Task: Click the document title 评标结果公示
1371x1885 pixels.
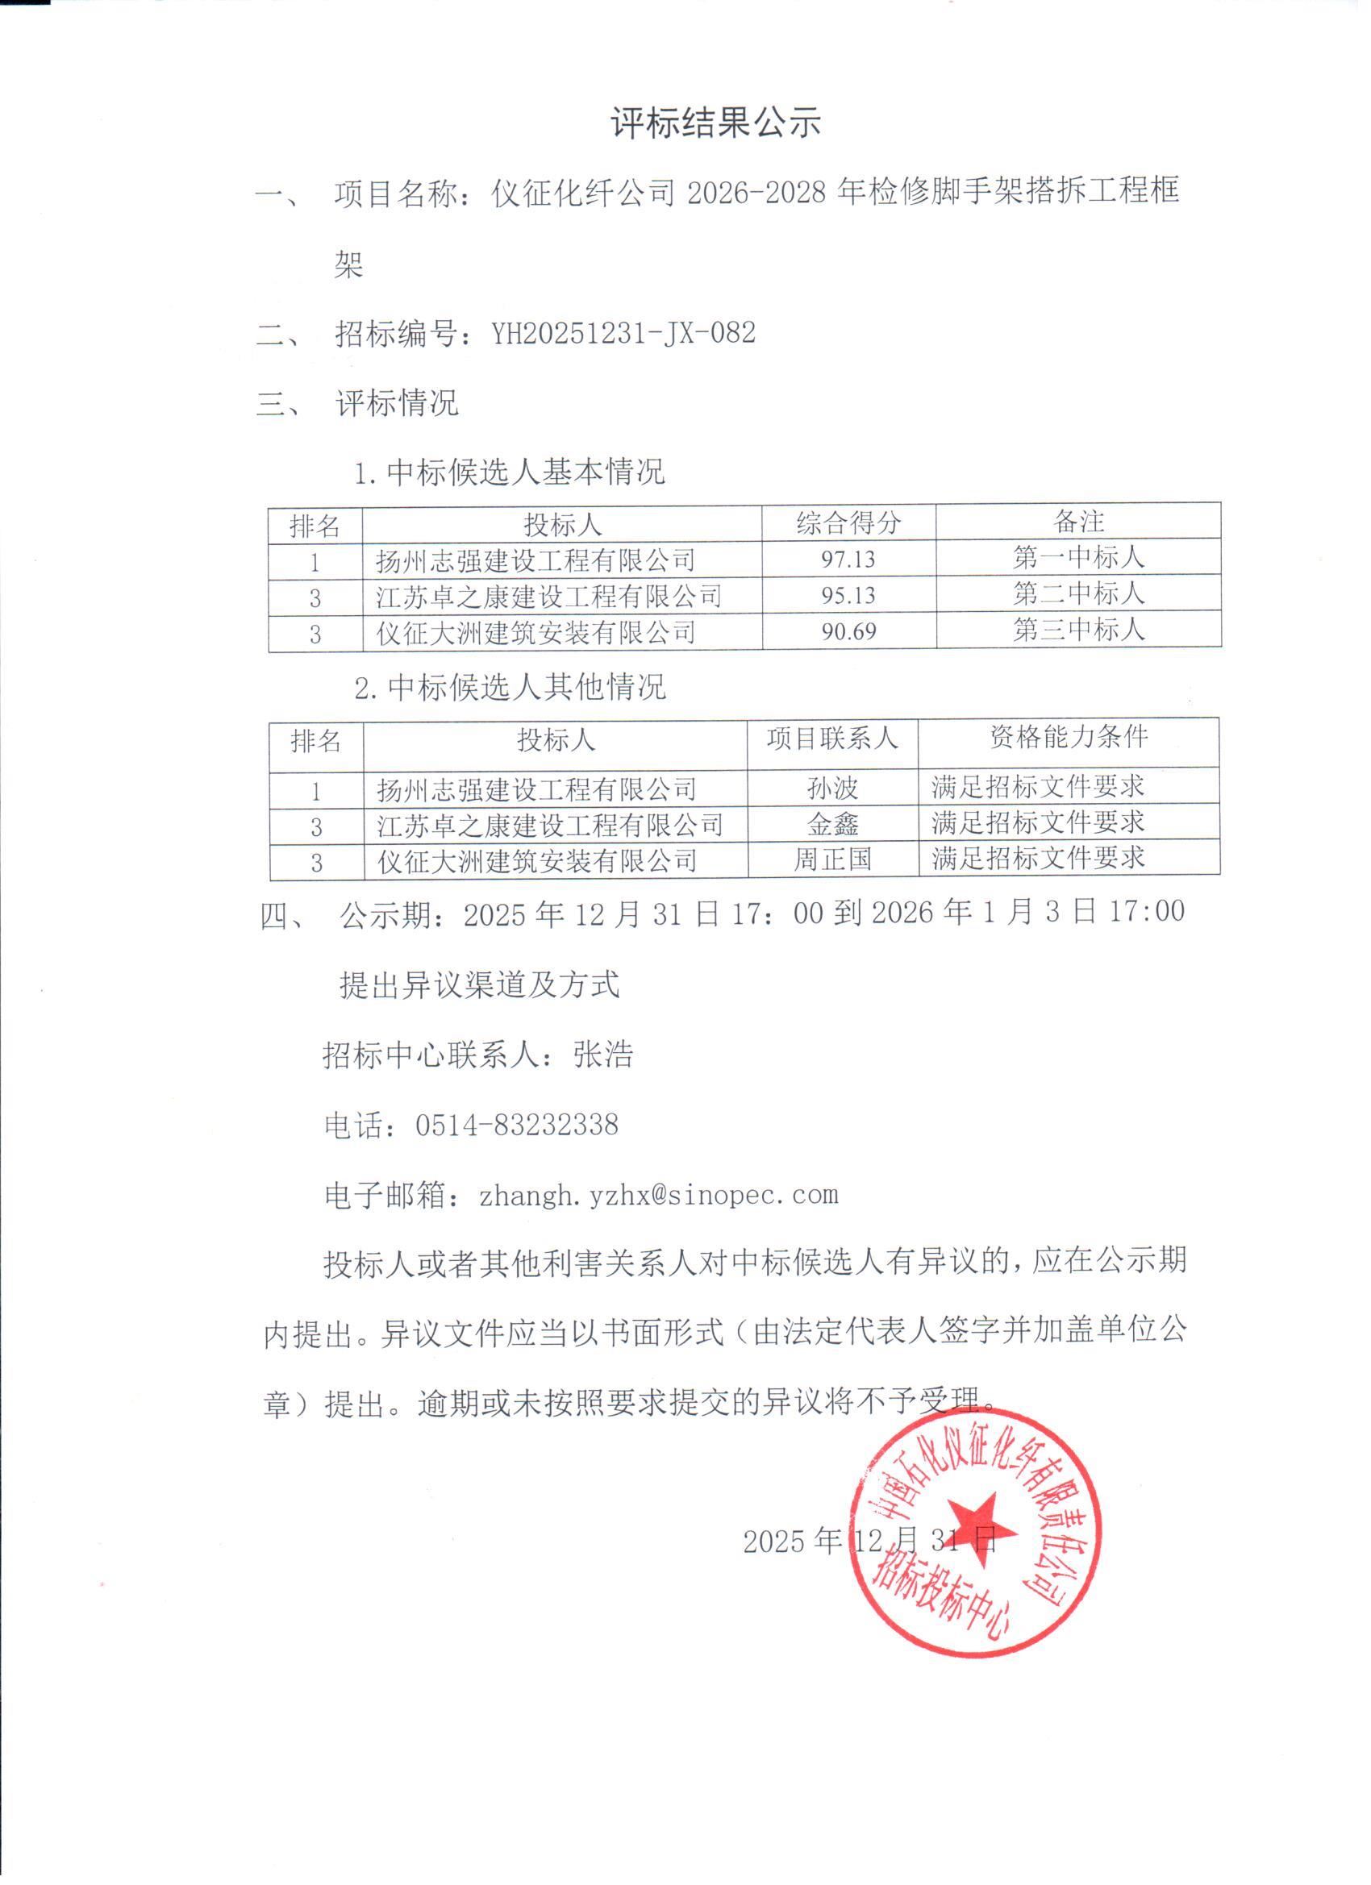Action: [x=716, y=123]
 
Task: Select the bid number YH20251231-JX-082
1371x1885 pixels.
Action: [x=623, y=333]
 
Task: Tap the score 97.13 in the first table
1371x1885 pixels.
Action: [x=848, y=559]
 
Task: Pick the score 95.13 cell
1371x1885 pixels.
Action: [x=848, y=595]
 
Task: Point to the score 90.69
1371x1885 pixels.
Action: [x=848, y=630]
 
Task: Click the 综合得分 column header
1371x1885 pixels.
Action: [x=848, y=522]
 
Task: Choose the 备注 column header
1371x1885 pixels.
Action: [x=1078, y=521]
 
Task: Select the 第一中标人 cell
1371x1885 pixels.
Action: [x=1078, y=557]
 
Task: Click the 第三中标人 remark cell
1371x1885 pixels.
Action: [x=1078, y=629]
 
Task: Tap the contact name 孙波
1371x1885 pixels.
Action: [x=832, y=787]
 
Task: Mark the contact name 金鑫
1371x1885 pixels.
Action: [x=832, y=824]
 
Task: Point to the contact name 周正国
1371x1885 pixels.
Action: [x=832, y=859]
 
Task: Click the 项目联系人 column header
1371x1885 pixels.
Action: [x=832, y=738]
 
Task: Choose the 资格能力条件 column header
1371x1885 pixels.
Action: [x=1069, y=735]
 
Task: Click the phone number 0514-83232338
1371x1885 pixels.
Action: [x=516, y=1126]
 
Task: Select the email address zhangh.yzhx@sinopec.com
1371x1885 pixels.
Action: [x=658, y=1194]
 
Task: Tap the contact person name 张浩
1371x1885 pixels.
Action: [x=603, y=1055]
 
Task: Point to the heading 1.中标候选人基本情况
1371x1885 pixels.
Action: [x=510, y=472]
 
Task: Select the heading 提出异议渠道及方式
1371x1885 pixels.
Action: [x=480, y=985]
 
